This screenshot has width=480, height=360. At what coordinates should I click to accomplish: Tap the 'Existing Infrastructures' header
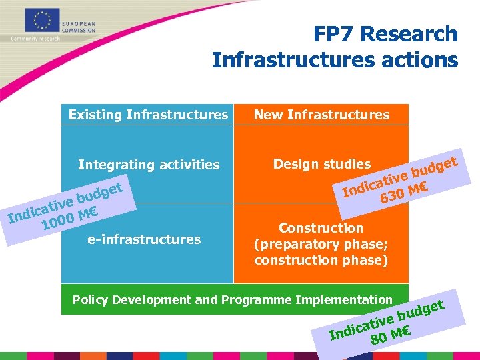[x=148, y=115]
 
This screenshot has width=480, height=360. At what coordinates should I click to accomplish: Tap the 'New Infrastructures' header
[x=321, y=115]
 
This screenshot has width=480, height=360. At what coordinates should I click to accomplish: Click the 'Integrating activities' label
[x=149, y=165]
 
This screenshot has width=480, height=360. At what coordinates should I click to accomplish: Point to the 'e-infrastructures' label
[x=144, y=239]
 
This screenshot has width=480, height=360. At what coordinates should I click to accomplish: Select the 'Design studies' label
[x=321, y=164]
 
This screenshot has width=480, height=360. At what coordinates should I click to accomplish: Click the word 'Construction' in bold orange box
[x=321, y=228]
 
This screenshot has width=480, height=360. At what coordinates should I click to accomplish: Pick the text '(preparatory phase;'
[x=321, y=244]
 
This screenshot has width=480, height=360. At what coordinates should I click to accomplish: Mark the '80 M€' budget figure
[x=390, y=335]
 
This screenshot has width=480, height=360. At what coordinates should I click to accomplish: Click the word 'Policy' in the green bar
[x=89, y=301]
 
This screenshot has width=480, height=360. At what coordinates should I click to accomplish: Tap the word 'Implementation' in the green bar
[x=351, y=301]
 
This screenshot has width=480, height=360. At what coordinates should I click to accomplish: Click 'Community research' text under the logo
[x=35, y=39]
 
